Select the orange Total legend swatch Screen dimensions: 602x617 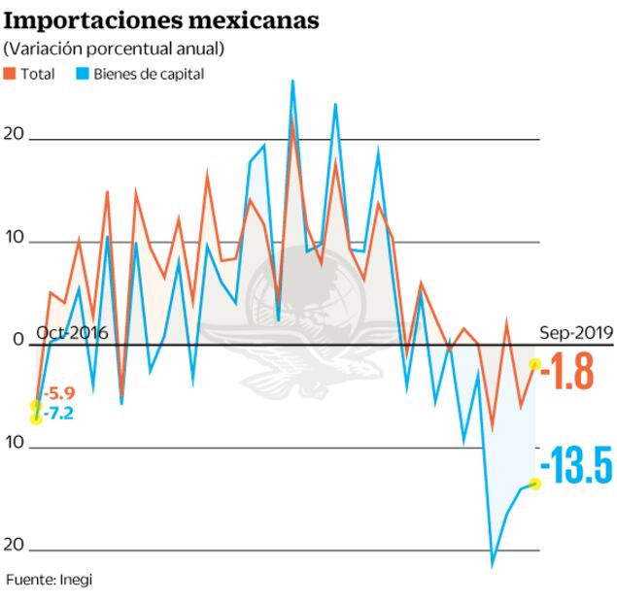pos(10,74)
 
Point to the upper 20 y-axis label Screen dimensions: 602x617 pos(14,133)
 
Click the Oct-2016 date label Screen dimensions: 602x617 pos(72,332)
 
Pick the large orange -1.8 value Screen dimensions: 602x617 pos(567,373)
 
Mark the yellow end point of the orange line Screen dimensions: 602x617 pos(535,364)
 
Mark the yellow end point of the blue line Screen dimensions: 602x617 pos(535,484)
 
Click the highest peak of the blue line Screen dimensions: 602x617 pos(292,81)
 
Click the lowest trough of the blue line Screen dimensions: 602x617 pos(493,565)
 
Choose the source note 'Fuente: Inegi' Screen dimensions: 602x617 pos(50,580)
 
